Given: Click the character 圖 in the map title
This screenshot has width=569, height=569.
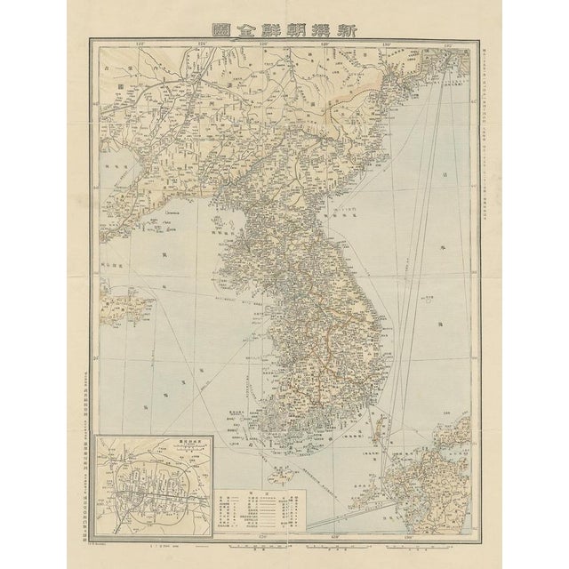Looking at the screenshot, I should (x=218, y=27).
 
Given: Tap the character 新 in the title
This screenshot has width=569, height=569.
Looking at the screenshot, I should (x=351, y=27).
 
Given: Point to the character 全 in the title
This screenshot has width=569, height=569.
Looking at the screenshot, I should (x=251, y=27).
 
